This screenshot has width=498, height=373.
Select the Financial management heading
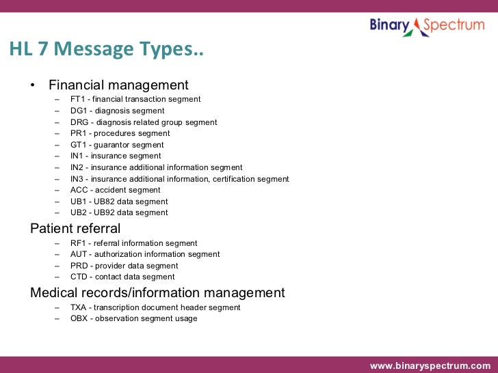pyautogui.click(x=118, y=85)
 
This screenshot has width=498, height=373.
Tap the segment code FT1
pyautogui.click(x=79, y=99)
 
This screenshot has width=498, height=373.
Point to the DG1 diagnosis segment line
pyautogui.click(x=117, y=111)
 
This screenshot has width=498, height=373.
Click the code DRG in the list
pyautogui.click(x=80, y=122)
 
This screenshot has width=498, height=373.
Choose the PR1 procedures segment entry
pyautogui.click(x=120, y=133)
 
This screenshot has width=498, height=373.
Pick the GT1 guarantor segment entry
pyautogui.click(x=116, y=145)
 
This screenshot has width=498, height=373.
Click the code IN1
pyautogui.click(x=78, y=156)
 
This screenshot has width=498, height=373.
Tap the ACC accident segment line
pyautogui.click(x=115, y=190)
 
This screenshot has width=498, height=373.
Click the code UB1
pyautogui.click(x=79, y=202)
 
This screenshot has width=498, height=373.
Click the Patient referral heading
pyautogui.click(x=75, y=228)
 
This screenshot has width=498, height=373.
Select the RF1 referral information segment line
pyautogui.click(x=133, y=243)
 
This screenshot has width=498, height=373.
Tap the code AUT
pyautogui.click(x=79, y=254)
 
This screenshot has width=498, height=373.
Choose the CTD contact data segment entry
pyautogui.click(x=122, y=277)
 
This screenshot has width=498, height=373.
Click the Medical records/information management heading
pyautogui.click(x=157, y=292)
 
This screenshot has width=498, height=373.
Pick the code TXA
pyautogui.click(x=79, y=307)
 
